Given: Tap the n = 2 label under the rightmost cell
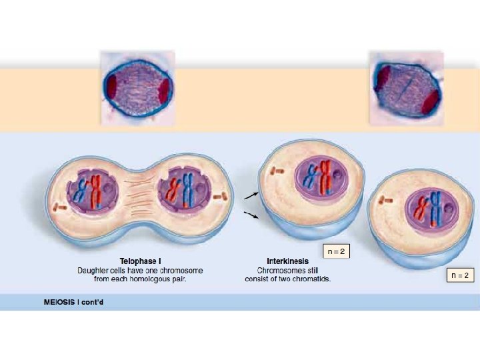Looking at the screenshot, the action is pyautogui.click(x=460, y=275).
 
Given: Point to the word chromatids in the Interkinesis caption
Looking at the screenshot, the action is pyautogui.click(x=314, y=279).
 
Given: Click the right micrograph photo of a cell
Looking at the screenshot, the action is pyautogui.click(x=407, y=87).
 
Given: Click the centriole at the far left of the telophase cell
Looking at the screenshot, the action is pyautogui.click(x=61, y=207).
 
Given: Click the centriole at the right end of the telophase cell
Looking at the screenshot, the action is pyautogui.click(x=223, y=196).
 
